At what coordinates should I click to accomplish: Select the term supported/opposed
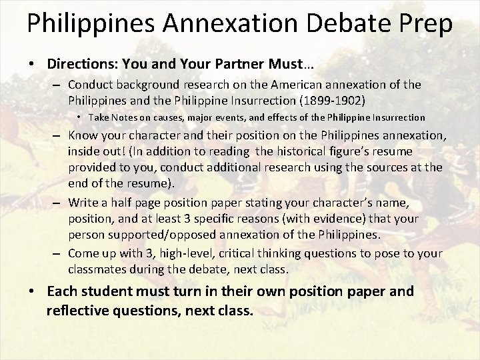pyautogui.click(x=154, y=234)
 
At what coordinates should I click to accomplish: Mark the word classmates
pyautogui.click(x=97, y=271)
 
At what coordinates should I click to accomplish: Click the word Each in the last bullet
pyautogui.click(x=61, y=292)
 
